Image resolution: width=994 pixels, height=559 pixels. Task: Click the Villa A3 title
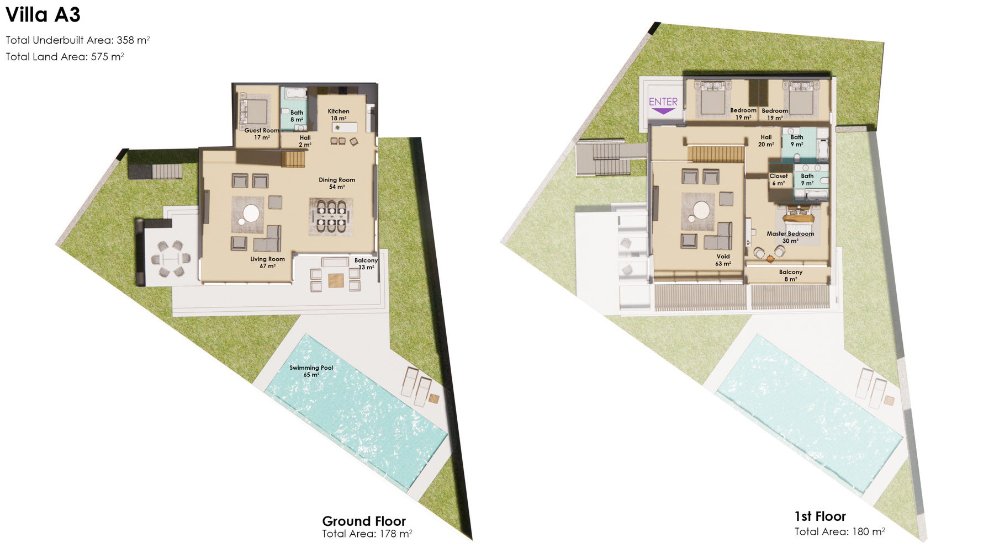click(x=43, y=15)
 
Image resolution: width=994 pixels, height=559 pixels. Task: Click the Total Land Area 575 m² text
click(x=65, y=56)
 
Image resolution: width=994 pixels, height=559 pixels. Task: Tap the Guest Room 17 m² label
click(x=262, y=134)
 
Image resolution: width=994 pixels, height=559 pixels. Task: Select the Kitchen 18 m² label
click(x=339, y=115)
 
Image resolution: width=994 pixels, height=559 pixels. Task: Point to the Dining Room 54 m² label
click(x=337, y=183)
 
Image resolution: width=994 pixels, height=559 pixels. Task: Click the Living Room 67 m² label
click(x=267, y=263)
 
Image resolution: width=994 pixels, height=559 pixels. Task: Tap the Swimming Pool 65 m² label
click(x=311, y=371)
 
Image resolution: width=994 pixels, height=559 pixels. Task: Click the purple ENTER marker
click(x=663, y=105)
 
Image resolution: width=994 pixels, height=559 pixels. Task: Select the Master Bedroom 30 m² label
click(x=790, y=237)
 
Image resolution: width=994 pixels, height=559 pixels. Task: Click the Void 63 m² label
click(x=723, y=260)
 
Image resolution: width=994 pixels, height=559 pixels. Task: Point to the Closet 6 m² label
click(x=779, y=179)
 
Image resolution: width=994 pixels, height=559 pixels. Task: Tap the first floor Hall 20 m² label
click(x=766, y=141)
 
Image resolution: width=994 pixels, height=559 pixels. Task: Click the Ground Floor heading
click(x=364, y=521)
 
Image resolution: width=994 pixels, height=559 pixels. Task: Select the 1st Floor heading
click(x=820, y=516)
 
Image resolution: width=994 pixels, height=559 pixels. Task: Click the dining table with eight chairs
click(x=331, y=216)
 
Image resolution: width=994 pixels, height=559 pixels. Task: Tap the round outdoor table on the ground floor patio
click(x=171, y=258)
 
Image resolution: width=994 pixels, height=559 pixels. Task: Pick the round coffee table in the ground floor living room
click(x=251, y=213)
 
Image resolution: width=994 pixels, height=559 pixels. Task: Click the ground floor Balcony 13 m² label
click(x=366, y=264)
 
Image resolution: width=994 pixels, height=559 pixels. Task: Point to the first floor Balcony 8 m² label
click(x=791, y=275)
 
